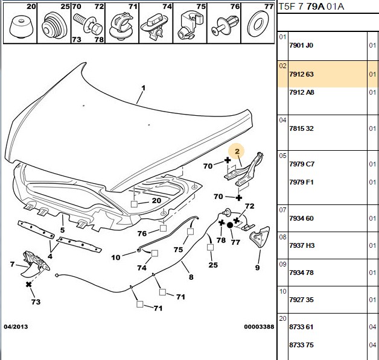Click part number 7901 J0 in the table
point(301,45)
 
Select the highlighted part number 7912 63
point(301,74)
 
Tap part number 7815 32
point(301,128)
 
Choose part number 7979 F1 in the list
point(301,182)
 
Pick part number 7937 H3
point(302,245)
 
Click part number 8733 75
point(301,345)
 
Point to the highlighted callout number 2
point(237,151)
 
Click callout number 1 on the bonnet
point(144,88)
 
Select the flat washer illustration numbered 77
point(258,24)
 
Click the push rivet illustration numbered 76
point(225,26)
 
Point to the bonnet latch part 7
point(36,263)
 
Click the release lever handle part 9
point(260,236)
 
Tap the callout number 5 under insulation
point(62,230)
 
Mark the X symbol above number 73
point(29,285)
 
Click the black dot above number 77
point(230,226)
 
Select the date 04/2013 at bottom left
point(16,327)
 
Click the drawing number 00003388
point(259,327)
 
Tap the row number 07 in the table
point(282,210)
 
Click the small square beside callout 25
point(210,247)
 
